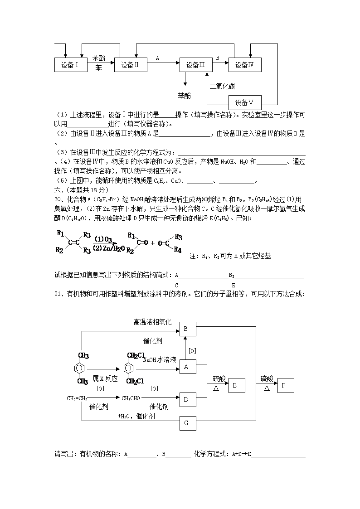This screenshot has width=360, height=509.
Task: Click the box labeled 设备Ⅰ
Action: (70, 65)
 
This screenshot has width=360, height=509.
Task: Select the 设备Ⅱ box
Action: (130, 65)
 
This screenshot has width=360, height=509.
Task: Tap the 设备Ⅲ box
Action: (196, 65)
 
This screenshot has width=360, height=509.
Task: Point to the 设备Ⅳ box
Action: (245, 65)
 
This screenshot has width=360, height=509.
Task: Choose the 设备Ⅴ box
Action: (245, 102)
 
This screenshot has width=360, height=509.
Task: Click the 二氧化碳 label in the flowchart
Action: (222, 86)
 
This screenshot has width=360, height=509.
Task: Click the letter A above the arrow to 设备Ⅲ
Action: (157, 58)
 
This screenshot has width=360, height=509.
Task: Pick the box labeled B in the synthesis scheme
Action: (188, 330)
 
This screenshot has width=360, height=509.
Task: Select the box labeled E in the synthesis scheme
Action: (234, 385)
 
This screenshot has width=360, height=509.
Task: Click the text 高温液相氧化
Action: (152, 322)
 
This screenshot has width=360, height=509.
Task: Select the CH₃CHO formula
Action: (131, 398)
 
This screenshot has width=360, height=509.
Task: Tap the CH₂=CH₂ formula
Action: (77, 398)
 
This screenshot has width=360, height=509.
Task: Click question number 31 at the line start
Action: (58, 294)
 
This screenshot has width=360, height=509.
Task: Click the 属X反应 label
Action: (105, 378)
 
